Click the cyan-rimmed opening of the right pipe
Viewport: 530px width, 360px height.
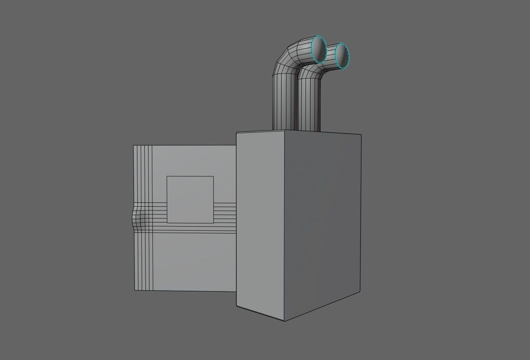pyautogui.click(x=341, y=55)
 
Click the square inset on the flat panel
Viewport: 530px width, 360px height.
pyautogui.click(x=190, y=199)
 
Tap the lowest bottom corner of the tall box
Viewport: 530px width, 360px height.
pyautogui.click(x=285, y=321)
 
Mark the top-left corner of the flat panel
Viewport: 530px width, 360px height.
pyautogui.click(x=134, y=146)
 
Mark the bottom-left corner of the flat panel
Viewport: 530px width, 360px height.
pyautogui.click(x=135, y=290)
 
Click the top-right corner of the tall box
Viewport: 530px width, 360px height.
pyautogui.click(x=361, y=135)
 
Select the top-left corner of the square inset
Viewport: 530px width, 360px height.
pyautogui.click(x=167, y=176)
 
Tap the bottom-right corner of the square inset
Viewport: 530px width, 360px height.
pyautogui.click(x=213, y=223)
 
